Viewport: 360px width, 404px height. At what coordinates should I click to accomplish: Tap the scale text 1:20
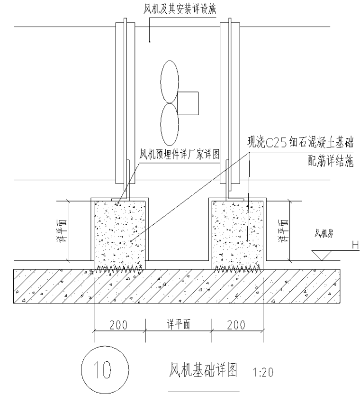tap(260, 372)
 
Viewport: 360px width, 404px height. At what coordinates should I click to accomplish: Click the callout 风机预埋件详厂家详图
tap(180, 155)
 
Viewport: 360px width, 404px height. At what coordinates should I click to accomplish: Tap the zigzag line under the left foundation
tap(119, 269)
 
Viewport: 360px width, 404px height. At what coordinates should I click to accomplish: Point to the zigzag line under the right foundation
tap(237, 269)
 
